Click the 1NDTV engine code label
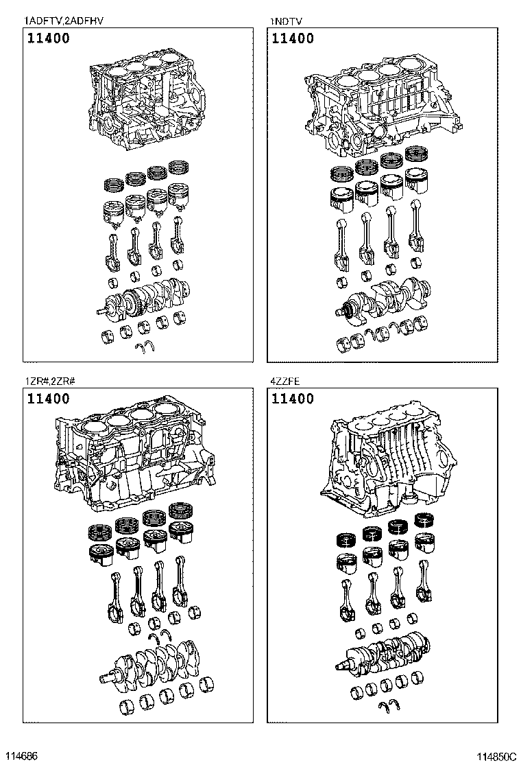click(x=287, y=21)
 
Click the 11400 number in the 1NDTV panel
click(x=293, y=39)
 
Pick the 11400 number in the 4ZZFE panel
click(x=293, y=399)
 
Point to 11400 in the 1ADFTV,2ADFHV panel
click(x=48, y=39)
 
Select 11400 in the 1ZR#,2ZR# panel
click(x=48, y=399)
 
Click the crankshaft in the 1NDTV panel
click(x=388, y=298)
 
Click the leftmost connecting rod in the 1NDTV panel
click(x=342, y=244)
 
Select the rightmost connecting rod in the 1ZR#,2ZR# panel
click(x=182, y=587)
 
